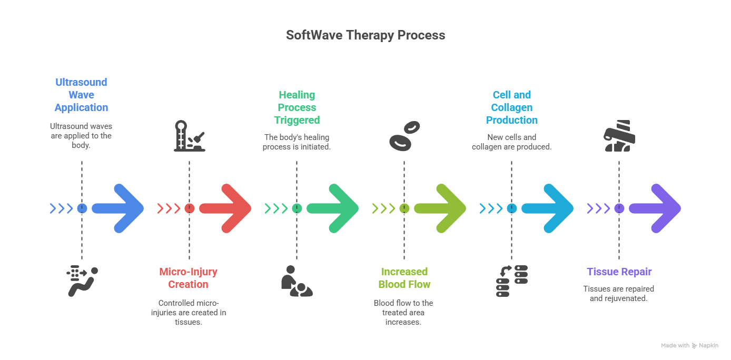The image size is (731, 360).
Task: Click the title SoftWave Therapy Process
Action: pos(365,35)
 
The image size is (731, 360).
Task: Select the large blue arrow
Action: pos(120,208)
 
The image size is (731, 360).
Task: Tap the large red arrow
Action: pos(227,208)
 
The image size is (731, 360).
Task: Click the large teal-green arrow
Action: pos(334,208)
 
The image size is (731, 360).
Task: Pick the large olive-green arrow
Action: pos(442,208)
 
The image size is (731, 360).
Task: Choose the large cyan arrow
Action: pos(549,208)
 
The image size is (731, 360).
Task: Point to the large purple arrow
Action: pos(657,208)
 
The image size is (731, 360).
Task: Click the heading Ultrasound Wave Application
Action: pos(82,95)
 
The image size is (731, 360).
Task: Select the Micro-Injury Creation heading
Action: pos(189,278)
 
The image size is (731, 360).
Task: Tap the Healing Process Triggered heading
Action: pos(297,107)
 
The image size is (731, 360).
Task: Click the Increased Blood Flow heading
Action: pos(404,278)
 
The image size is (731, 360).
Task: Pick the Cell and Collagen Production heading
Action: pos(511,107)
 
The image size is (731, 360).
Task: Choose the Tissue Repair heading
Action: pos(619,272)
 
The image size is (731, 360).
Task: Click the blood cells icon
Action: pos(404,135)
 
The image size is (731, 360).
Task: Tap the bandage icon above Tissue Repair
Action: pos(620,136)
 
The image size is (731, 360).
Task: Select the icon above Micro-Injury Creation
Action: pos(189,136)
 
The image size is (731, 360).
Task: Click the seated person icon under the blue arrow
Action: pos(82,281)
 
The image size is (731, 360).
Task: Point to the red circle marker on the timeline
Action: pos(189,208)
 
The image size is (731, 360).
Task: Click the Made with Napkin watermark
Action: pos(689,346)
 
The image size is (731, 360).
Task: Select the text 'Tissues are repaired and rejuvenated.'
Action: pos(619,293)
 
